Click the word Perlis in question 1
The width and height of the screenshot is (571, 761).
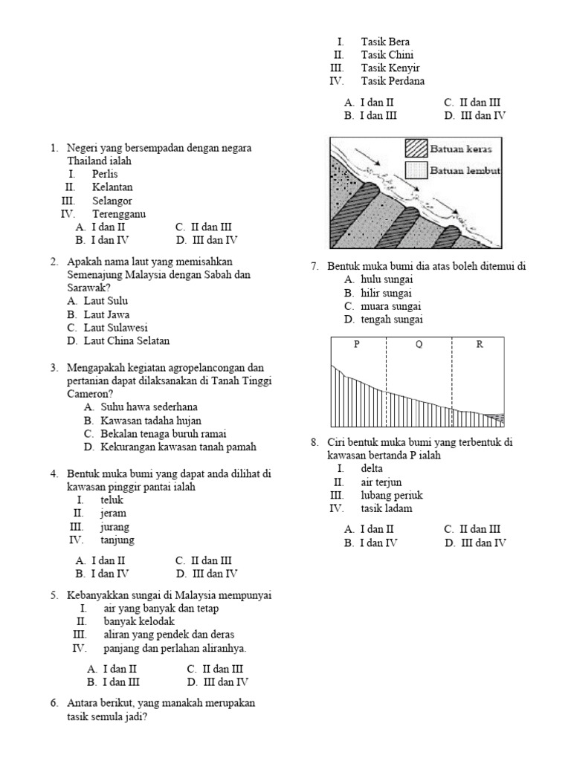[105, 174]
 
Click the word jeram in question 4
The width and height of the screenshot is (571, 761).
[114, 514]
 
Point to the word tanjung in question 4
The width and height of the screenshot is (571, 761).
[117, 540]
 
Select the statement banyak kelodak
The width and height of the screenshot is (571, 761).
[139, 621]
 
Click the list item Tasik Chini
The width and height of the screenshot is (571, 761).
[387, 55]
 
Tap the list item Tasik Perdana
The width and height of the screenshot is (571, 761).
[393, 82]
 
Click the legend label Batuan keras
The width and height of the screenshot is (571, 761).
[461, 149]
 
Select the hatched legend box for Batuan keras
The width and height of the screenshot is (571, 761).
[415, 148]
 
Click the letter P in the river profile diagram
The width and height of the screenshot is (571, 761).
[357, 344]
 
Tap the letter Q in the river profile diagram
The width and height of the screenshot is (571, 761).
[419, 344]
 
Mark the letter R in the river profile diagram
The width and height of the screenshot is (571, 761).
[479, 344]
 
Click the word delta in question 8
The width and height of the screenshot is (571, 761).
[372, 469]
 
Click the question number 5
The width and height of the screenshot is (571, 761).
[54, 595]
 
